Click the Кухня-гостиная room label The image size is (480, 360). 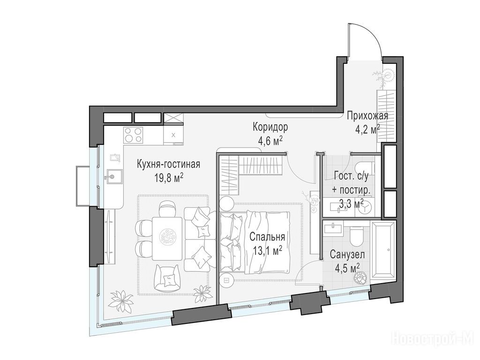168,165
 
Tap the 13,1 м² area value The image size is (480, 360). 268,251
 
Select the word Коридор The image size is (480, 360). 270,127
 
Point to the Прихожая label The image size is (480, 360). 367,116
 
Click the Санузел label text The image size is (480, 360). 347,254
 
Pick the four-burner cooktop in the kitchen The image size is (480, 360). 133,135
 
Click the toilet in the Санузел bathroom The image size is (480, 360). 357,236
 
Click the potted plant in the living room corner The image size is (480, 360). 120,300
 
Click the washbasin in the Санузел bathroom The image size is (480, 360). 334,228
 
